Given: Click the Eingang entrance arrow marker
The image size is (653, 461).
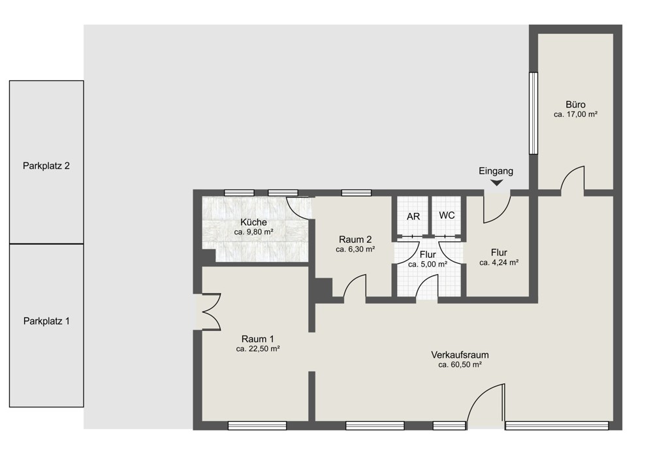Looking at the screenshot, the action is [496, 182].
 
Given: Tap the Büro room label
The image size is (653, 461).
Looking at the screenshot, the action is [575, 104].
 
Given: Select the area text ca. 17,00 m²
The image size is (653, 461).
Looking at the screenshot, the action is [575, 114].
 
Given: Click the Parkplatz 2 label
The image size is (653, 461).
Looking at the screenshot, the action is [46, 166].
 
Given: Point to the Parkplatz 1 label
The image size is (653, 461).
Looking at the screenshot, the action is [46, 321].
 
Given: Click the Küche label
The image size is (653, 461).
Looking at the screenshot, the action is [253, 223].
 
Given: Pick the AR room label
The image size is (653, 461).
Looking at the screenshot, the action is [413, 217].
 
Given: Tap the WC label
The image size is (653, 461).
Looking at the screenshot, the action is [447, 215].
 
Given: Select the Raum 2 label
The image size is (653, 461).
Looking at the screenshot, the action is [355, 240].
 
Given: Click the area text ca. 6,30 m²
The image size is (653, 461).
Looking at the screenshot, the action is [355, 249].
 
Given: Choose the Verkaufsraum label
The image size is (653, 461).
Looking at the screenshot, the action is [460, 355].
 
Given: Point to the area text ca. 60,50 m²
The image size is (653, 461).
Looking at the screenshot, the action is [460, 365].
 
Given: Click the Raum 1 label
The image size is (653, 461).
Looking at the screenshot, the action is [257, 339].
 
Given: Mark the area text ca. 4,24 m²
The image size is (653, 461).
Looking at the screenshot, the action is [499, 262].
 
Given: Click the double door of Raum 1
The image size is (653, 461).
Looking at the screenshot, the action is [211, 312].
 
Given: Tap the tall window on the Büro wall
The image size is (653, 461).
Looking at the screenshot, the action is [533, 113].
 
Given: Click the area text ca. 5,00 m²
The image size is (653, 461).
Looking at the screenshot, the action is [428, 264].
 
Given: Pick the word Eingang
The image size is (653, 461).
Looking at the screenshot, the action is [496, 171].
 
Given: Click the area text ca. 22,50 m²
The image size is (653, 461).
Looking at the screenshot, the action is [257, 349].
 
